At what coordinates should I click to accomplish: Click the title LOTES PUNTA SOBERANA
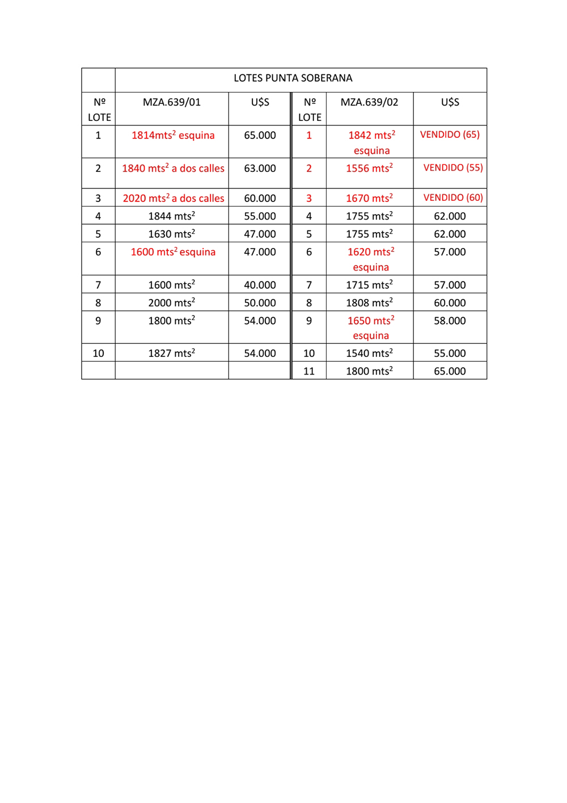[x=293, y=78]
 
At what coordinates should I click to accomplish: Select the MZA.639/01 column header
[x=172, y=103]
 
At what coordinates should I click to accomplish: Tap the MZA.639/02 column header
[x=369, y=103]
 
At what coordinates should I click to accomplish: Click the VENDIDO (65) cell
[x=450, y=135]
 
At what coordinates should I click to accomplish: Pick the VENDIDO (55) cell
[x=453, y=168]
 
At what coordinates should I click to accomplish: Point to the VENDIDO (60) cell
[x=453, y=198]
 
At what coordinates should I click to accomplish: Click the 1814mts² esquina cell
[x=173, y=136]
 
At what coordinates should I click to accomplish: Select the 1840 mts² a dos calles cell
[x=173, y=169]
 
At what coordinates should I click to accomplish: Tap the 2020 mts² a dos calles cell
[x=173, y=199]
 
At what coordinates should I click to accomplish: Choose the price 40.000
[x=260, y=285]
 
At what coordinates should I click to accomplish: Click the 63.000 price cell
[x=260, y=169]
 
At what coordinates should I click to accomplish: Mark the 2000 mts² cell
[x=172, y=303]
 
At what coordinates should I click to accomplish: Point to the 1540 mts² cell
[x=369, y=354]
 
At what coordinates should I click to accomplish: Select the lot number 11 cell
[x=309, y=371]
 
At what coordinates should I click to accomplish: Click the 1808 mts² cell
[x=369, y=303]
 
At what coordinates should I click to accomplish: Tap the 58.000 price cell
[x=450, y=321]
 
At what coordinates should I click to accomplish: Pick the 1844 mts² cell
[x=172, y=216]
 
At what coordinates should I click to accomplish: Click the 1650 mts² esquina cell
[x=371, y=328]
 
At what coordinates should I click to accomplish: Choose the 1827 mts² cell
[x=172, y=354]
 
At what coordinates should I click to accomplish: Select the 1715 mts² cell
[x=369, y=285]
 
